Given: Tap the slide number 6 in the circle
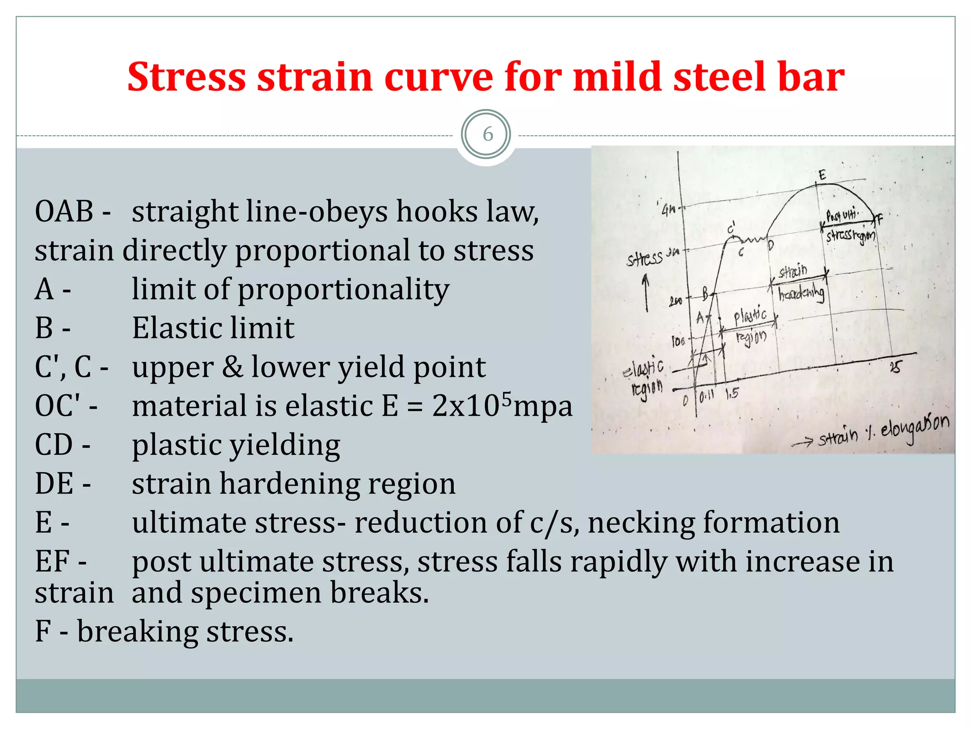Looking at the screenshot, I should coord(487,135).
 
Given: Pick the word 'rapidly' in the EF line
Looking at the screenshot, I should coord(618,562).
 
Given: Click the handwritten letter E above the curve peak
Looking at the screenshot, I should coord(822,175).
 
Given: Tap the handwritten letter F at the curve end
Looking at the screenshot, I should coord(879,219).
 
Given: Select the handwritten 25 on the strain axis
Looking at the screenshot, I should coord(895,367).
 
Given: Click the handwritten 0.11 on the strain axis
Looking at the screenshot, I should coord(706,395).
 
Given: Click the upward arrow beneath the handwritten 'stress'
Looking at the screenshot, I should coord(646,294).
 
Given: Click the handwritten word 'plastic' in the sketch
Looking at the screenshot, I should coord(749,315).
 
